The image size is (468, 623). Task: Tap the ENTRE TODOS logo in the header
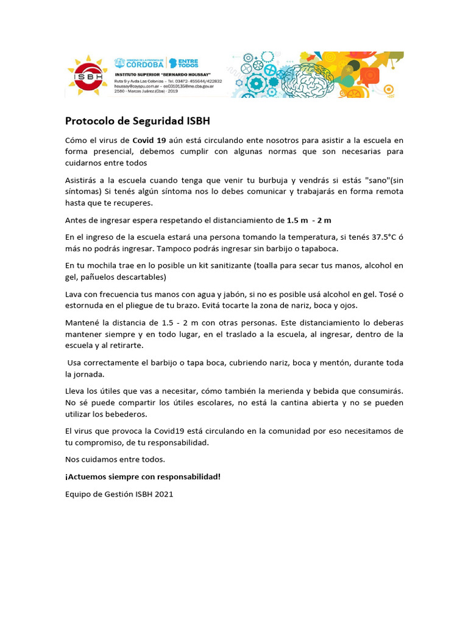[184, 63]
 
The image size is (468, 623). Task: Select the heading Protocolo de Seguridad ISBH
[137, 120]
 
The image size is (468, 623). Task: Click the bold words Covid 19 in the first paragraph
[149, 140]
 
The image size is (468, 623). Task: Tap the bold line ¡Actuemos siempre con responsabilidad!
[143, 476]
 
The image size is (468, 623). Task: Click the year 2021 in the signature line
[164, 494]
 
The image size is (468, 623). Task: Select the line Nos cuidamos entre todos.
[115, 459]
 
